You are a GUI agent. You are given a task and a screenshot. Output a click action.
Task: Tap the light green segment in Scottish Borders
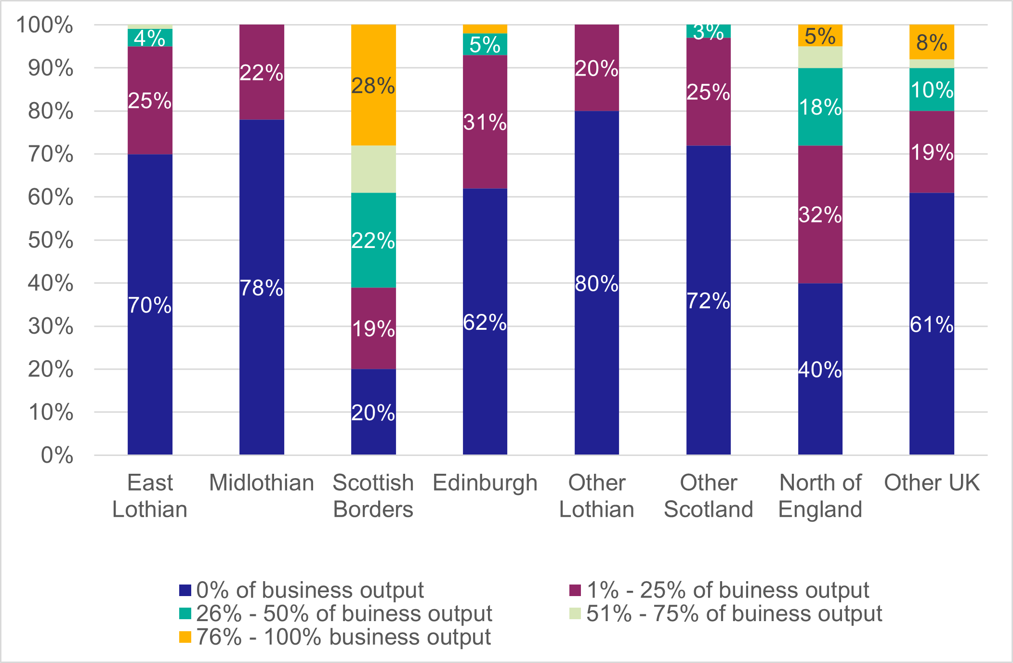coord(373,169)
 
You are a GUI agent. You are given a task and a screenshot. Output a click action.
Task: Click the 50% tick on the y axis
coord(51,240)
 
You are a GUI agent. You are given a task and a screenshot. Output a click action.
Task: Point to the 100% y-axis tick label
coord(45,25)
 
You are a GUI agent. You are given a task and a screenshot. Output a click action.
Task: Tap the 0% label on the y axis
coord(57,455)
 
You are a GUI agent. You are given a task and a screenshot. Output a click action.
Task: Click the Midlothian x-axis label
coord(262,483)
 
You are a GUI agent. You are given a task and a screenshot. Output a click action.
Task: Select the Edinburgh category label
coord(485,483)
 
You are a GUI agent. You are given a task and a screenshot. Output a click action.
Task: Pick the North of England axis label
coord(820,496)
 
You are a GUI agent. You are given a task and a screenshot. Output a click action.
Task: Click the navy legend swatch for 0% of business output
coord(185,590)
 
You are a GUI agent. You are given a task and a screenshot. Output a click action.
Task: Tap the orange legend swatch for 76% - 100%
coord(185,637)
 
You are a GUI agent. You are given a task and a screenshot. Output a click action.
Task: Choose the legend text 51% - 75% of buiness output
coord(734,614)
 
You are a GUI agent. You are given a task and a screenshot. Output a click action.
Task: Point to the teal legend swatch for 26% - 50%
coord(185,614)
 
